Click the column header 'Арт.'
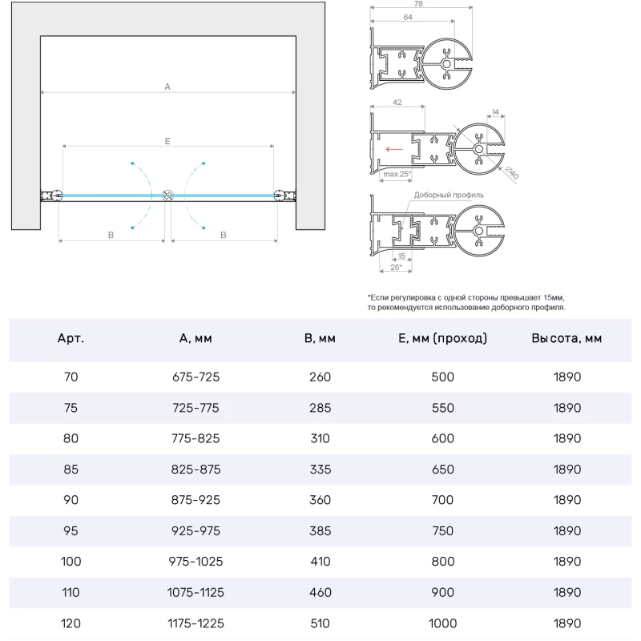71,338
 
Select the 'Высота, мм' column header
566,338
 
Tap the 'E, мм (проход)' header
442,338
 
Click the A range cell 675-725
196,377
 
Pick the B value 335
320,470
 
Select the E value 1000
442,623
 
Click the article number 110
71,593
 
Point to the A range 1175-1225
196,623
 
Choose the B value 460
320,593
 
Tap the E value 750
442,531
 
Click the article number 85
71,470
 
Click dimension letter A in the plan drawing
167,86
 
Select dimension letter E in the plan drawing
167,141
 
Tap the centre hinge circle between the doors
167,196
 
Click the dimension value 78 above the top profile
419,4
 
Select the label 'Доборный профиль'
449,195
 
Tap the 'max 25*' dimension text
397,174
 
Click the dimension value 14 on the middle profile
495,112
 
